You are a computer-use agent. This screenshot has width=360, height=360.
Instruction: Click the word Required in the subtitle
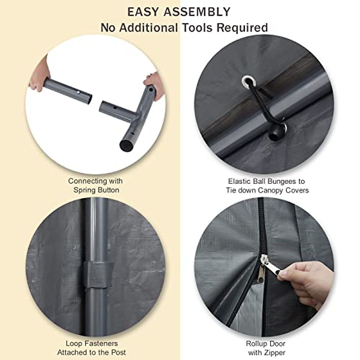click(242, 28)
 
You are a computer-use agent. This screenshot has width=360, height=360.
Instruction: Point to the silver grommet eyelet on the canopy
click(248, 80)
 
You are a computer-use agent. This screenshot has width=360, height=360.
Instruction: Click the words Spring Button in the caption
click(96, 190)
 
